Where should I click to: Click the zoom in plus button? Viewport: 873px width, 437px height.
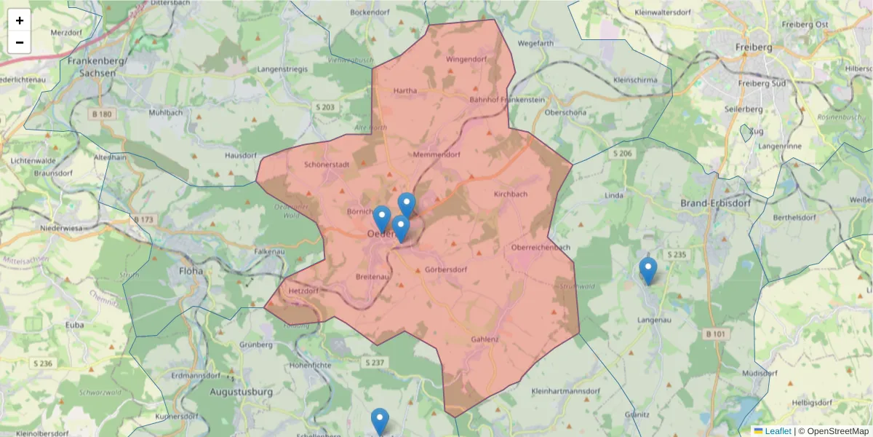(20, 20)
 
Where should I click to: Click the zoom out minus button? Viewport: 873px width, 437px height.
(20, 42)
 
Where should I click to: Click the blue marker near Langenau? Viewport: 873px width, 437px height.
(647, 271)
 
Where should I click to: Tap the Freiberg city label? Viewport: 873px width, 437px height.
(754, 47)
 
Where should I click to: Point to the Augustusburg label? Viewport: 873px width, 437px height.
(240, 392)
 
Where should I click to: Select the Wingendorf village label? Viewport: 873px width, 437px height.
(466, 59)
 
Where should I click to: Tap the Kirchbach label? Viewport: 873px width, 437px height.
(510, 194)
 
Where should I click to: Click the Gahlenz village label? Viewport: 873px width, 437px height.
(485, 339)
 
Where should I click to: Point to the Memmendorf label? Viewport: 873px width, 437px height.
(436, 155)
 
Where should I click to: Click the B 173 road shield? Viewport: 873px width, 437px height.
(144, 219)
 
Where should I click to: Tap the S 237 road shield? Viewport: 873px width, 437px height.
(374, 362)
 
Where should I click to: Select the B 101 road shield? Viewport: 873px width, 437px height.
(715, 334)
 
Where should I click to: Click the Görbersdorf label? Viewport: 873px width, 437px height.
(445, 269)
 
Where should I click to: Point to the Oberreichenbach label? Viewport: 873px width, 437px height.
(541, 248)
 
